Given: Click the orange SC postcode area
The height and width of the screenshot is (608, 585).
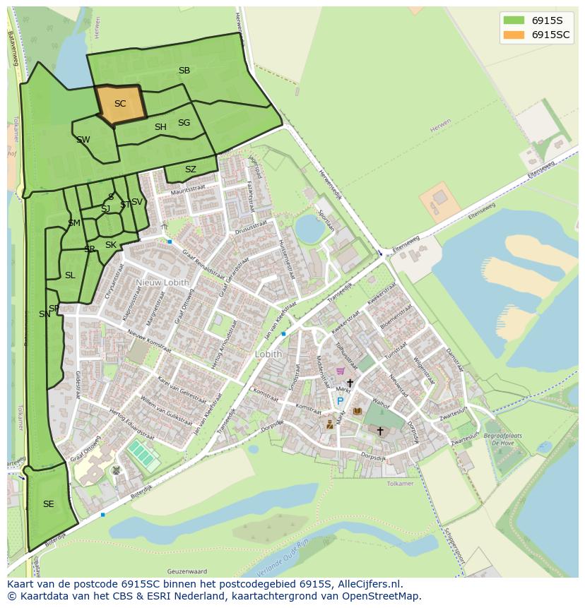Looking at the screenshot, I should coord(120,105).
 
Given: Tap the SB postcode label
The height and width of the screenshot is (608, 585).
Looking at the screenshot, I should coord(184,71).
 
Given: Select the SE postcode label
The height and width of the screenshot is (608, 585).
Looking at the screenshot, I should coord(49,504).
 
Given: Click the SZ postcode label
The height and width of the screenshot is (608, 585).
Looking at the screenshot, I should coord(191,169).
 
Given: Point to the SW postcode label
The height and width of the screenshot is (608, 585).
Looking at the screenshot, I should coord(83,140).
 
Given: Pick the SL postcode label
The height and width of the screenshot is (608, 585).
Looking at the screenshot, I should coord(70,275).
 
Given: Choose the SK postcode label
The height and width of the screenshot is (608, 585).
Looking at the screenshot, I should coord(111,245).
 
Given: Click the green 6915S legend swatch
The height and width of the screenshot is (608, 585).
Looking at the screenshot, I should coord(514,20).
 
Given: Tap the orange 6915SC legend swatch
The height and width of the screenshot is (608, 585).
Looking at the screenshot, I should coord(514,35).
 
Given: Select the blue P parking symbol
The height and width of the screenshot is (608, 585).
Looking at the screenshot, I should coord(340,402).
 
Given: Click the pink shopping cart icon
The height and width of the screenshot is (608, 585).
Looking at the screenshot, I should coord(341,371).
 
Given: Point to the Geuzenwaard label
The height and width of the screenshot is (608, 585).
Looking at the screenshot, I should coord(187,571).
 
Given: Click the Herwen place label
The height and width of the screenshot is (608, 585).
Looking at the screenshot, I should coord(440,130).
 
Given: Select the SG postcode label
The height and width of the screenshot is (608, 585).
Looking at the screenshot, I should coord(184,123).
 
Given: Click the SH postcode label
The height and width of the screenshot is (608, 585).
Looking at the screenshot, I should coord(160,127).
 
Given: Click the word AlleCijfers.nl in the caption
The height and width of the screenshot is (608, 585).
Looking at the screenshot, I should coord(370,585).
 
